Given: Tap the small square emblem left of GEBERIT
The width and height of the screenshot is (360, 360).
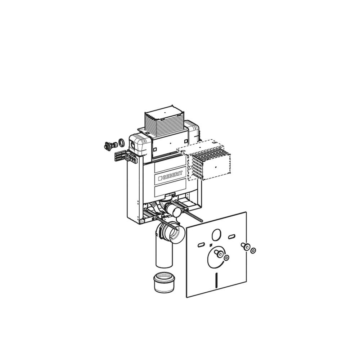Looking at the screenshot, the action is [160, 178].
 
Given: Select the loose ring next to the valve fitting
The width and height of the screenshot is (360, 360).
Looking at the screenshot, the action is [121, 143].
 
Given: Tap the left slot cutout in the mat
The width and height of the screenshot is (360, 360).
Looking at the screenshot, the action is [201, 245].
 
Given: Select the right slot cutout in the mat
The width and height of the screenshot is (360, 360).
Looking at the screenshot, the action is [231, 237].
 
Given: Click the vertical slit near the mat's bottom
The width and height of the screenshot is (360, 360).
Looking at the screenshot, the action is [217, 280].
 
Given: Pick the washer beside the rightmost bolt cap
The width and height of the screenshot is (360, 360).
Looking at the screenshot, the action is [253, 250].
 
